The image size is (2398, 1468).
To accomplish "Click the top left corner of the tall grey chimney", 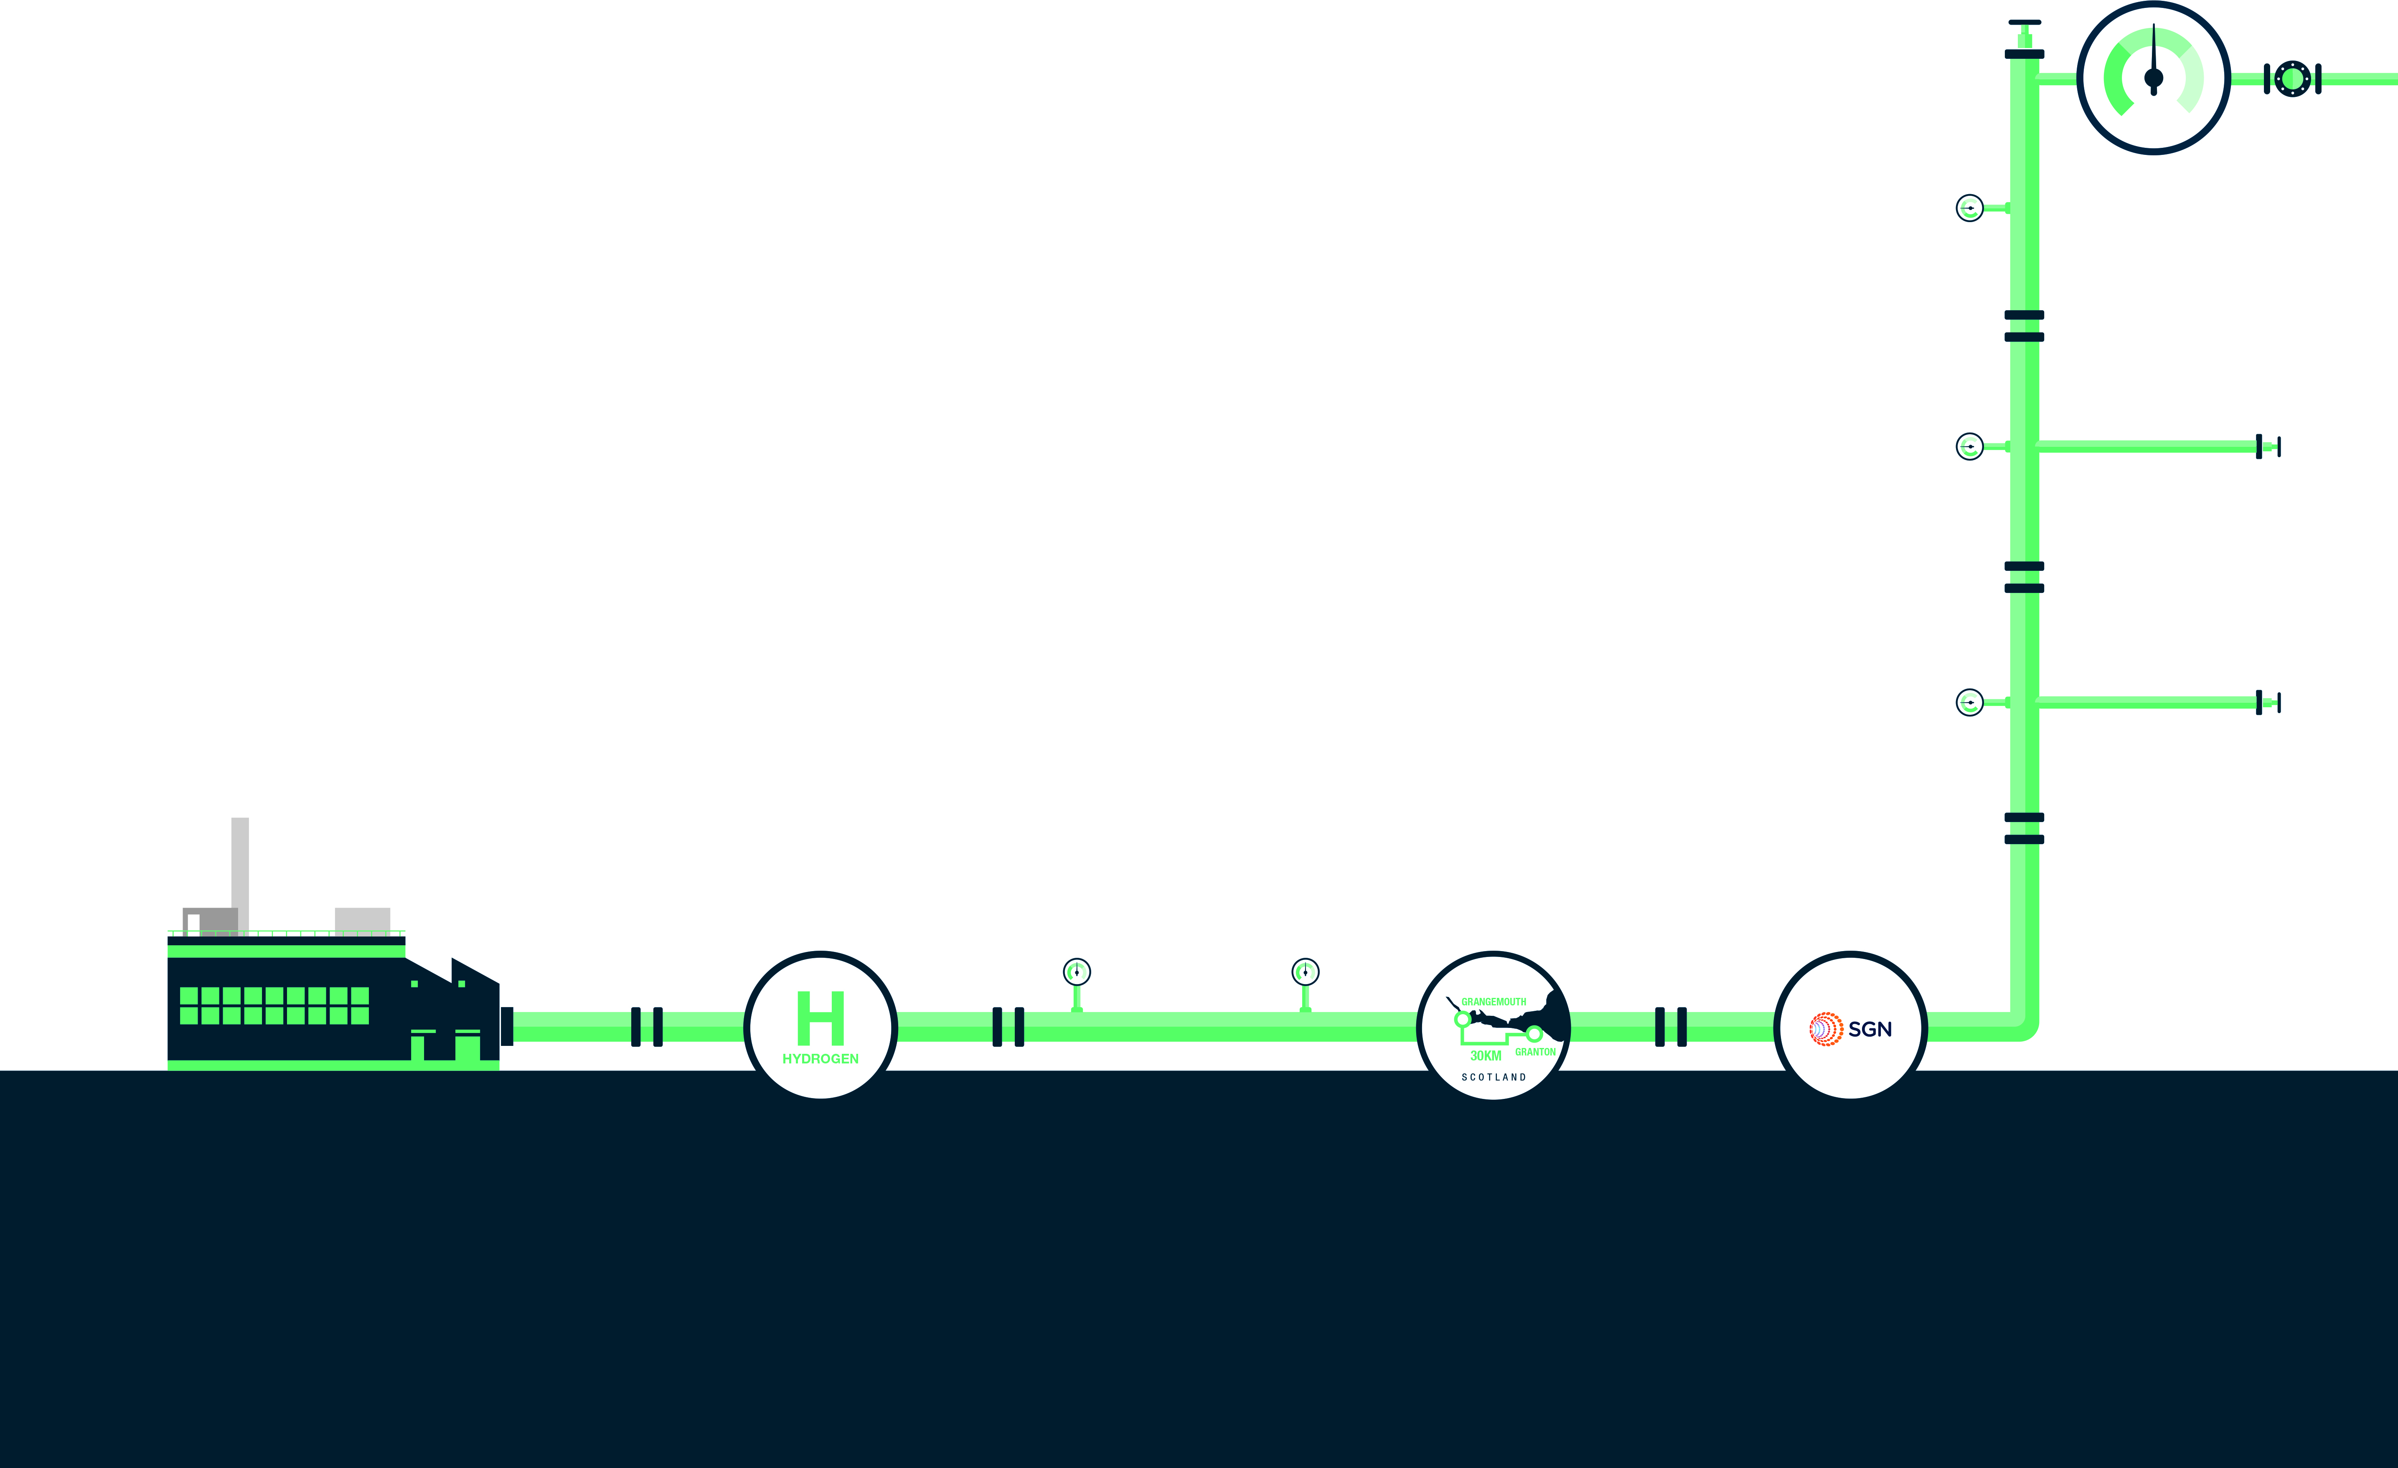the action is coord(231,818).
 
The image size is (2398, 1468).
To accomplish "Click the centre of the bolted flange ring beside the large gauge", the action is coord(2293,79).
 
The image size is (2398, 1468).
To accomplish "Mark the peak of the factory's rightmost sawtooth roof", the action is coord(452,958).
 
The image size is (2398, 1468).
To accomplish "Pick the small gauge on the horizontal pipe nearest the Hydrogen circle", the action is coord(1076,972).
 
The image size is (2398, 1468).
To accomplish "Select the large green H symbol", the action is coord(821,1017).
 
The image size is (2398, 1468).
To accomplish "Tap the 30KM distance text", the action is coord(1485,1055).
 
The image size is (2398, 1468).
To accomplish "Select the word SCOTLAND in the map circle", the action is coord(1494,1077).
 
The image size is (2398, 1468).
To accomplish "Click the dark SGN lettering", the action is coord(1870,1029).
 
